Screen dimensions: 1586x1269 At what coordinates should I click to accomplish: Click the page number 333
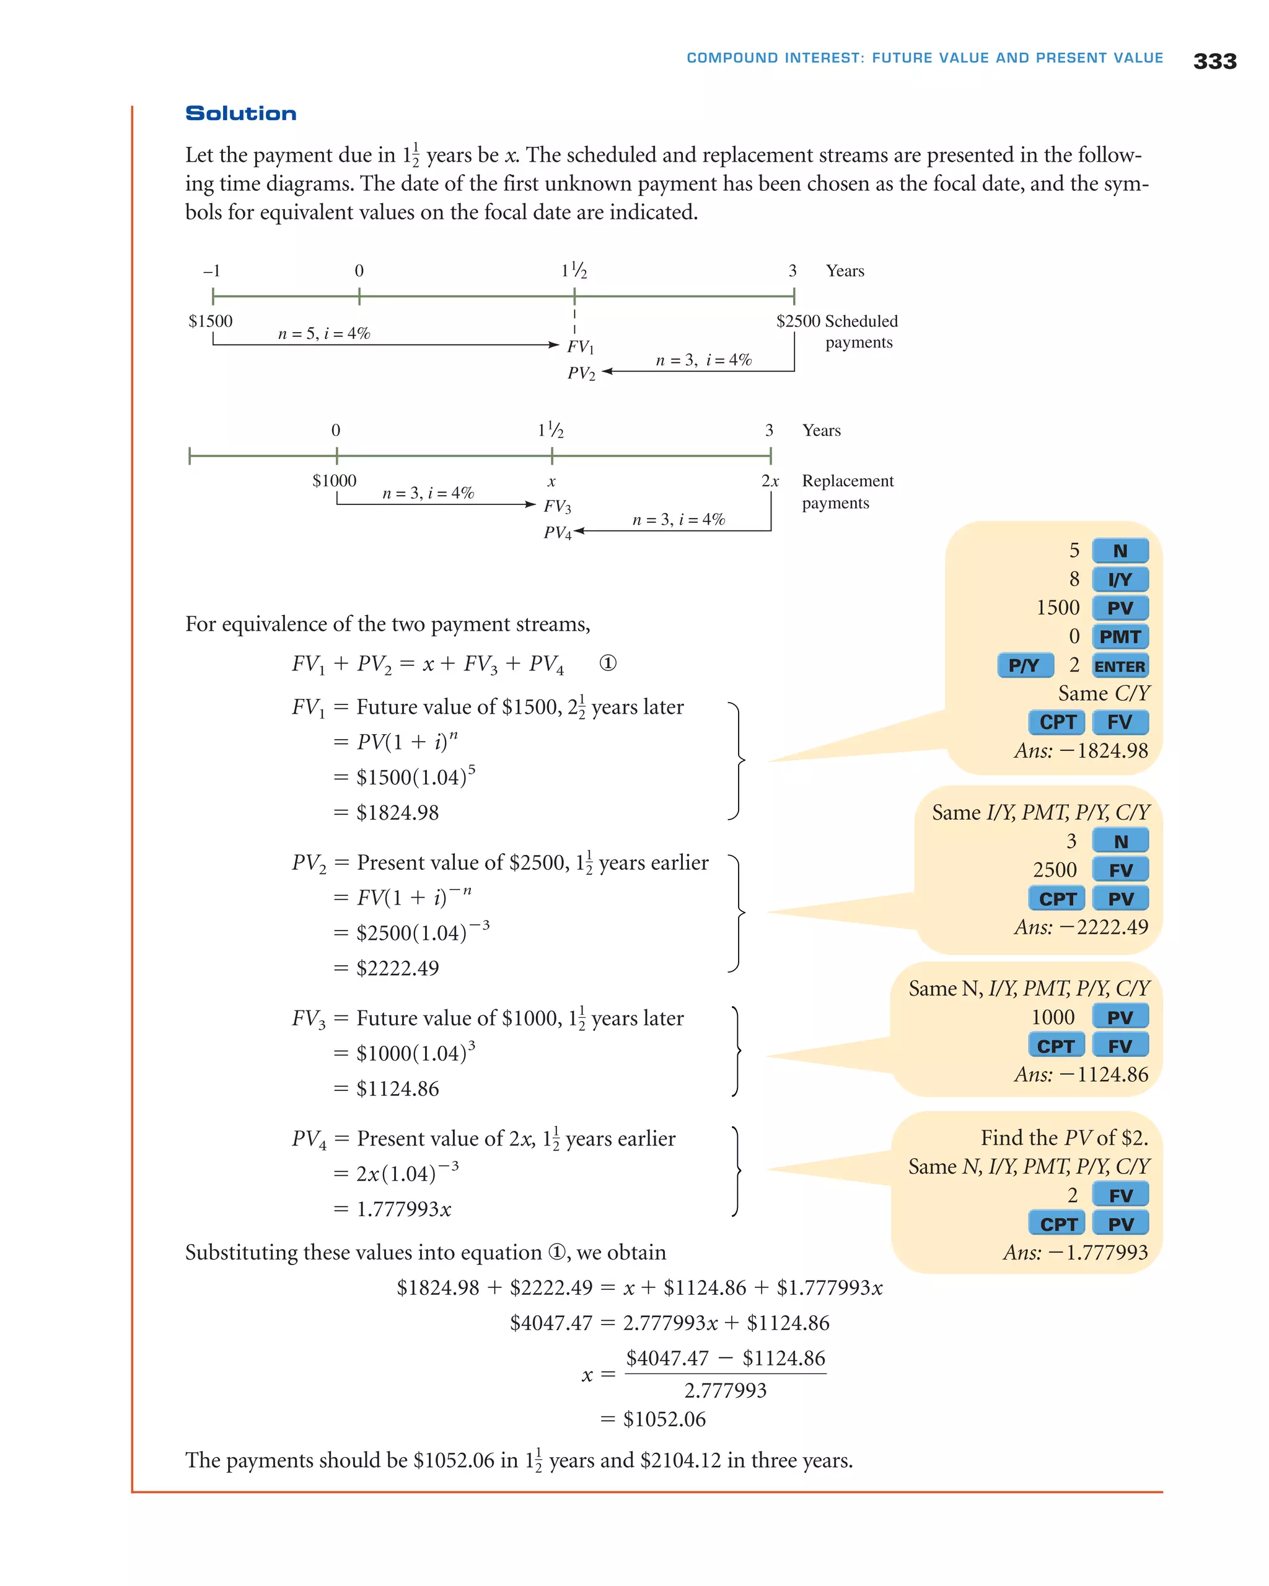(1214, 61)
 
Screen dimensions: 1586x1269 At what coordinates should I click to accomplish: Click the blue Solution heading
(240, 113)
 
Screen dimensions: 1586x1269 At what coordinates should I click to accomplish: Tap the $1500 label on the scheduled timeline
(211, 322)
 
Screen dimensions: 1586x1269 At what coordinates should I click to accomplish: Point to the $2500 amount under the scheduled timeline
(797, 322)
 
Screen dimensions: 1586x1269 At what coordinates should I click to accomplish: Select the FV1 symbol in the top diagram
(580, 346)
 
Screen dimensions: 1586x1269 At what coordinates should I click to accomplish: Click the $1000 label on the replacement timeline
(334, 481)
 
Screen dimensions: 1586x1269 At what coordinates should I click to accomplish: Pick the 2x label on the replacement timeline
(770, 481)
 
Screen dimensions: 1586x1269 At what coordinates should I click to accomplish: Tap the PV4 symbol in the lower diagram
(557, 533)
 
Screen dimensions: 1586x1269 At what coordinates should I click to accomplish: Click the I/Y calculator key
(1120, 580)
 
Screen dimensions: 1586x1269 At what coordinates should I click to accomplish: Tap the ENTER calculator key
(1120, 666)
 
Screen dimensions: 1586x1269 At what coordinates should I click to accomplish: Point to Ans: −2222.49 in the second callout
(1081, 927)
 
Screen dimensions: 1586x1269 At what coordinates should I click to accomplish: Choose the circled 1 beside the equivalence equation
(608, 663)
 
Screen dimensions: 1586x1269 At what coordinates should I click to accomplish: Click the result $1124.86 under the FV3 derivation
(397, 1089)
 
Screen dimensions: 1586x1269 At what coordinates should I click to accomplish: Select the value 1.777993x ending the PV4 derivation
(403, 1209)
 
